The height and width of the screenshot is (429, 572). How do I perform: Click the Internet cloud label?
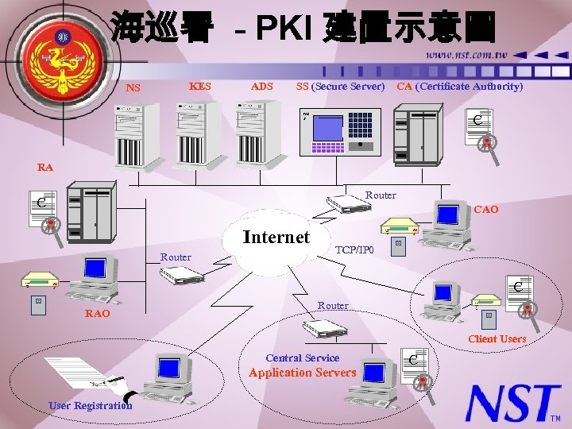tap(276, 237)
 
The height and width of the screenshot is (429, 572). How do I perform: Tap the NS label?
tap(133, 87)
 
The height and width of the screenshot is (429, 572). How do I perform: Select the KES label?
tap(200, 86)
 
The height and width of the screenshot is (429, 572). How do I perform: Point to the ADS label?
tap(261, 86)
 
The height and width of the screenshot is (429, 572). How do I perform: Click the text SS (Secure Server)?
tap(340, 86)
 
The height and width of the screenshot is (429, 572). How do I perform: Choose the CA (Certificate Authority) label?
tap(460, 86)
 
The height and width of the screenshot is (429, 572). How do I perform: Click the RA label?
tap(45, 168)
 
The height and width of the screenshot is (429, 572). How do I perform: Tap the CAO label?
tap(485, 210)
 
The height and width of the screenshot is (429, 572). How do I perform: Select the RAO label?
tap(98, 314)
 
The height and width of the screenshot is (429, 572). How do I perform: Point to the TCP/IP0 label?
tap(355, 249)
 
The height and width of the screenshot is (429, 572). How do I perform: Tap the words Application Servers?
tap(302, 373)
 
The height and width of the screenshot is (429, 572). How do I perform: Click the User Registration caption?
tap(91, 406)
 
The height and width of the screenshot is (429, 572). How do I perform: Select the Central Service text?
tap(302, 358)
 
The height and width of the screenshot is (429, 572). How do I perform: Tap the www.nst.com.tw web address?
tap(466, 55)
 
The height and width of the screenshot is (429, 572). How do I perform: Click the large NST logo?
tap(512, 403)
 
